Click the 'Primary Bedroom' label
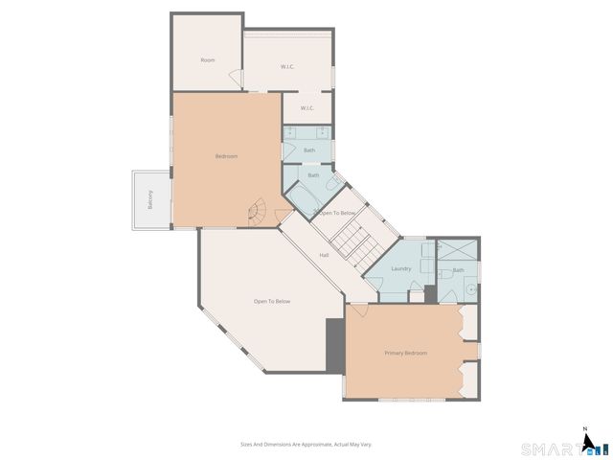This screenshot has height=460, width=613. [405, 354]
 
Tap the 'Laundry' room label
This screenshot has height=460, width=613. [400, 268]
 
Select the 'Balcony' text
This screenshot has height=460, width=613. [150, 200]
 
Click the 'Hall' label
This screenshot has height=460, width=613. [324, 255]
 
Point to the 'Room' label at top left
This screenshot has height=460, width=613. [208, 59]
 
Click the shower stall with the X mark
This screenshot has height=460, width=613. [456, 248]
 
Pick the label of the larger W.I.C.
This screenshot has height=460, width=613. [287, 66]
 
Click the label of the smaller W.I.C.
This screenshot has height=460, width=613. [307, 108]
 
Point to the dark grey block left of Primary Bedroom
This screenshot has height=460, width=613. [334, 346]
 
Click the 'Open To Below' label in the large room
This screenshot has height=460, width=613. [271, 302]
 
